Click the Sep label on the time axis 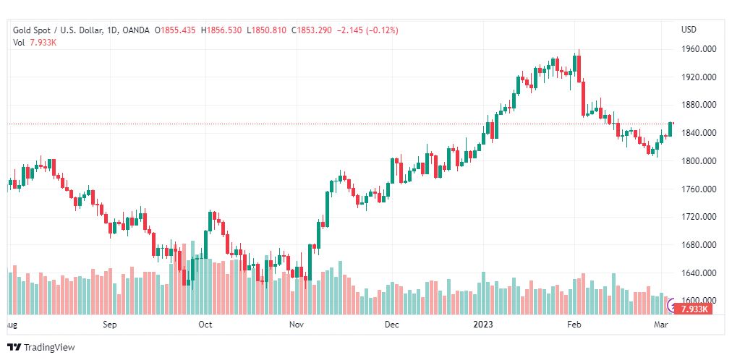click(110, 325)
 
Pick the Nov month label click(296, 325)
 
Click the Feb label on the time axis click(574, 325)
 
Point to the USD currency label click(689, 30)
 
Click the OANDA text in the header click(136, 30)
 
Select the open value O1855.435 click(176, 30)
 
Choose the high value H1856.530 click(222, 30)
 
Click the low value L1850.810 click(267, 30)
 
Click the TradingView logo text click(48, 348)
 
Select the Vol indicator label click(19, 42)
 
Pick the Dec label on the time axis click(391, 325)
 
